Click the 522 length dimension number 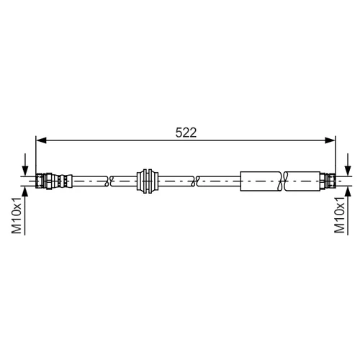pyautogui.click(x=186, y=132)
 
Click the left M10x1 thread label pyautogui.click(x=17, y=215)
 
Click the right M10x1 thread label pyautogui.click(x=340, y=215)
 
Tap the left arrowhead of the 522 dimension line pyautogui.click(x=41, y=140)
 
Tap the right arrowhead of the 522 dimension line pyautogui.click(x=330, y=140)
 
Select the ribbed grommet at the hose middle pyautogui.click(x=148, y=181)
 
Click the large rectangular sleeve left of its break pyautogui.click(x=261, y=181)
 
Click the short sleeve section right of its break pyautogui.click(x=303, y=181)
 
